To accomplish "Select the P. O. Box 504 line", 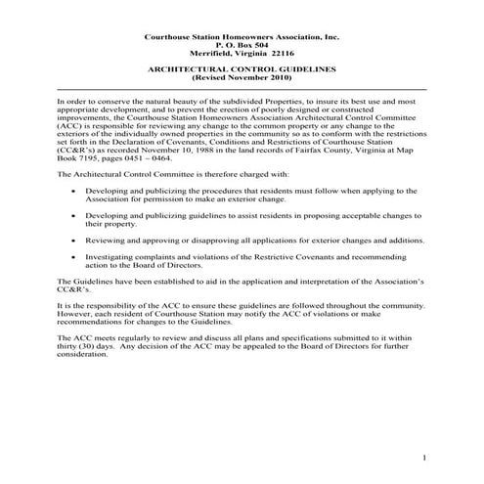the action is (242, 45).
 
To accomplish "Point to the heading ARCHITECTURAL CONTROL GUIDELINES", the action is (242, 70).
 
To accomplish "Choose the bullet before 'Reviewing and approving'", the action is (74, 239).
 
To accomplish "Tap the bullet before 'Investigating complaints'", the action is (74, 256).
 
